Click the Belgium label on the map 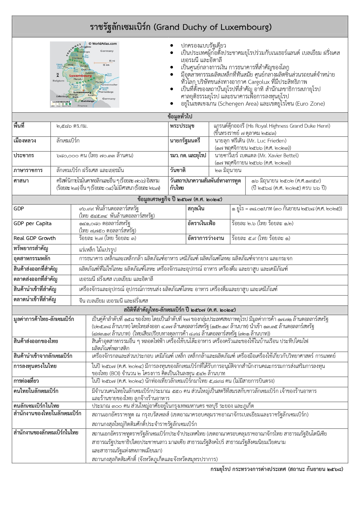(x=58, y=81)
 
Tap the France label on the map (x=82, y=106)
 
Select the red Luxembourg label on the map (x=77, y=76)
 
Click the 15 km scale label (x=106, y=65)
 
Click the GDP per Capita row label (x=32, y=223)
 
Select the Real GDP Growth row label (x=35, y=238)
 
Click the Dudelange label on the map (x=88, y=101)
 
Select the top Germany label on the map (x=107, y=51)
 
